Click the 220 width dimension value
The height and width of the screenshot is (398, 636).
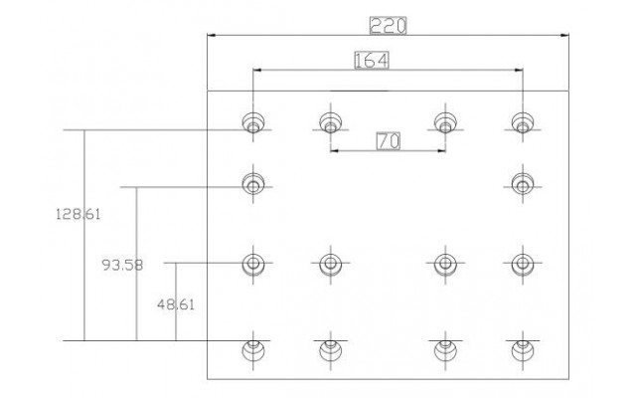point(388,26)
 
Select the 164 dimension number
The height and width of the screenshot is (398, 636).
point(372,60)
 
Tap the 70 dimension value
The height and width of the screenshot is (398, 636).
point(389,141)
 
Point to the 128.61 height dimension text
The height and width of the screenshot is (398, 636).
point(78,214)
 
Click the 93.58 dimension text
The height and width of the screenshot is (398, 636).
point(122,266)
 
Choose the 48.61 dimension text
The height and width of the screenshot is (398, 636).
point(176,304)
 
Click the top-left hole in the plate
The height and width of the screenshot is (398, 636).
point(253,122)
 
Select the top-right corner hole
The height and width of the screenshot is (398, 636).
point(523,122)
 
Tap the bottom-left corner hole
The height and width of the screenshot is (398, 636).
point(253,350)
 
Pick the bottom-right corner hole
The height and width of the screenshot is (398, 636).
point(523,350)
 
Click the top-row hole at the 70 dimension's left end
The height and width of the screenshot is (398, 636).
point(330,122)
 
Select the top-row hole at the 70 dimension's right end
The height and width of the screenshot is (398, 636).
point(445,122)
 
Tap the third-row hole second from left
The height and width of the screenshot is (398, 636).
point(330,264)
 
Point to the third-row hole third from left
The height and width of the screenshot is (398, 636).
point(445,264)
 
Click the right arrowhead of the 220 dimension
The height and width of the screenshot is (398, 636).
point(564,36)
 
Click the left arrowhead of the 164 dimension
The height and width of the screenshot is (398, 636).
point(257,70)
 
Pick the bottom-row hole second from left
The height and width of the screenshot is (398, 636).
point(330,350)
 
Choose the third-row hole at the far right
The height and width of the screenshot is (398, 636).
point(523,264)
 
